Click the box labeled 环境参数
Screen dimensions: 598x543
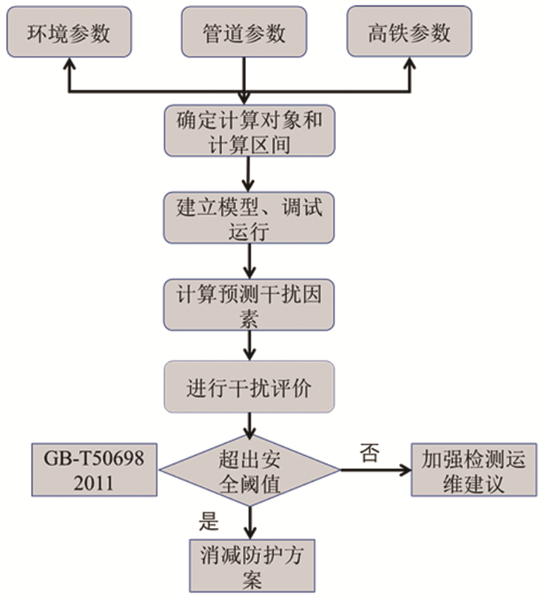point(69,33)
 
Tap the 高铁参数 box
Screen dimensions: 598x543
point(409,33)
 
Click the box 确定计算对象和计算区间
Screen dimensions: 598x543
point(248,132)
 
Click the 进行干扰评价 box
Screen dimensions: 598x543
point(248,386)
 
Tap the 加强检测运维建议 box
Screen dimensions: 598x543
point(473,471)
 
